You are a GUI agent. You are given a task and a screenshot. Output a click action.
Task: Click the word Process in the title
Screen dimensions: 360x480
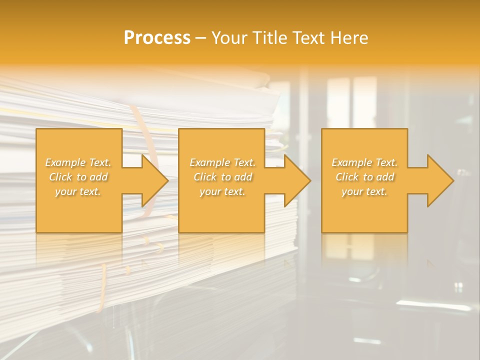[x=157, y=38]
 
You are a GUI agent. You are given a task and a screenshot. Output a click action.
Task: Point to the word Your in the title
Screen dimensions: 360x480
[x=229, y=38]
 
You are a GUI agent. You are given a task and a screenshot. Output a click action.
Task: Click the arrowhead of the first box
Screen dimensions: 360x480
[x=152, y=180]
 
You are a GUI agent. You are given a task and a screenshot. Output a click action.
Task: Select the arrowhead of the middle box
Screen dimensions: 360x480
[x=295, y=180]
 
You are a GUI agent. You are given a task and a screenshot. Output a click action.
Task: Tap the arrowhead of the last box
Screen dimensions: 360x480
[x=438, y=180]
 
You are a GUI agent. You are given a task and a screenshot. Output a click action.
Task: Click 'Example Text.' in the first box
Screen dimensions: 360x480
[x=78, y=162]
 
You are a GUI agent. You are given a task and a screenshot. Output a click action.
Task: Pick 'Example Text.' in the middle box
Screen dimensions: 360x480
[x=222, y=162]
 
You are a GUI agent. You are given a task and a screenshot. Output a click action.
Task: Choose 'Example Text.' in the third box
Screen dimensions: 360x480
[x=364, y=162]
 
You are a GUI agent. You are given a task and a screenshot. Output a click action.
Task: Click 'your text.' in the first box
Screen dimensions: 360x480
[x=78, y=191]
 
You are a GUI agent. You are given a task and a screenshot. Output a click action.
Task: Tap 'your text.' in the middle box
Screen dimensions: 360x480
[x=222, y=191]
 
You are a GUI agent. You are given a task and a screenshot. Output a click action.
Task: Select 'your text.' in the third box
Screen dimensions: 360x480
[x=364, y=191]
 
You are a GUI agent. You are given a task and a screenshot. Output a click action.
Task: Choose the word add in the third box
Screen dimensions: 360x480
[x=386, y=177]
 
